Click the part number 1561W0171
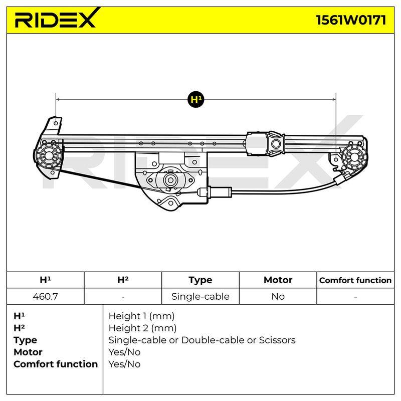(351, 20)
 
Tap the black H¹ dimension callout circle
(196, 99)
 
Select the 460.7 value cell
(45, 296)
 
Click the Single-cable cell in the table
(200, 296)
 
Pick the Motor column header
(278, 280)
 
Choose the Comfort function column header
(355, 280)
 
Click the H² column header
(123, 280)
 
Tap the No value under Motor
(278, 296)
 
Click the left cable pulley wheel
(49, 155)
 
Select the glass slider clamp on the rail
(276, 144)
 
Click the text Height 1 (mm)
(141, 316)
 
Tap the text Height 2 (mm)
(142, 328)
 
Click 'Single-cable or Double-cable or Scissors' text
(202, 340)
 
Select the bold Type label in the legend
(26, 340)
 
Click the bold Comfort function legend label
(56, 364)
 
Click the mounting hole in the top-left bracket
(56, 123)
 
